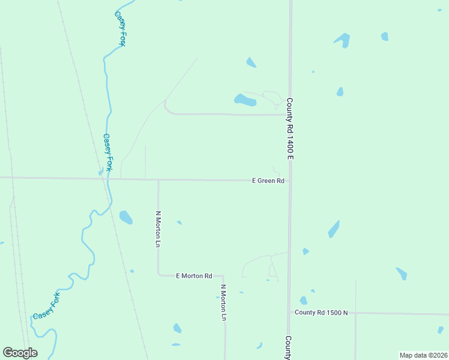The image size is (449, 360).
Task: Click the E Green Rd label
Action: click(x=268, y=181)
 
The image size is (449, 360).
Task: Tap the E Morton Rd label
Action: click(x=194, y=276)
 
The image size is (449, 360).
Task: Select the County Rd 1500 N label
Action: click(x=321, y=313)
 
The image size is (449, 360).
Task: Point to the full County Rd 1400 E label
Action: click(x=289, y=128)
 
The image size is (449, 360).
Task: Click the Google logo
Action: click(x=20, y=353)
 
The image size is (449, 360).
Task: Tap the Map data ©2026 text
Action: click(x=423, y=355)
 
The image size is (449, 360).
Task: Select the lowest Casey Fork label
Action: click(x=47, y=307)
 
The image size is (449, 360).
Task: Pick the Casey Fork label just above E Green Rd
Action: click(x=107, y=152)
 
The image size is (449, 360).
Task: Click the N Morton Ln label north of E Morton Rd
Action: click(x=158, y=229)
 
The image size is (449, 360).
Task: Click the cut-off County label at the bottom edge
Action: click(x=288, y=347)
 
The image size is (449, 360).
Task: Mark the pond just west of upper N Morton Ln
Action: click(x=125, y=217)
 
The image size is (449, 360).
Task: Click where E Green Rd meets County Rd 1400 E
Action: click(x=289, y=181)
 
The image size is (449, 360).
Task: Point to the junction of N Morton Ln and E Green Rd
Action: click(x=158, y=179)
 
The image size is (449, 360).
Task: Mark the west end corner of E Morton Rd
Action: click(x=159, y=274)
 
